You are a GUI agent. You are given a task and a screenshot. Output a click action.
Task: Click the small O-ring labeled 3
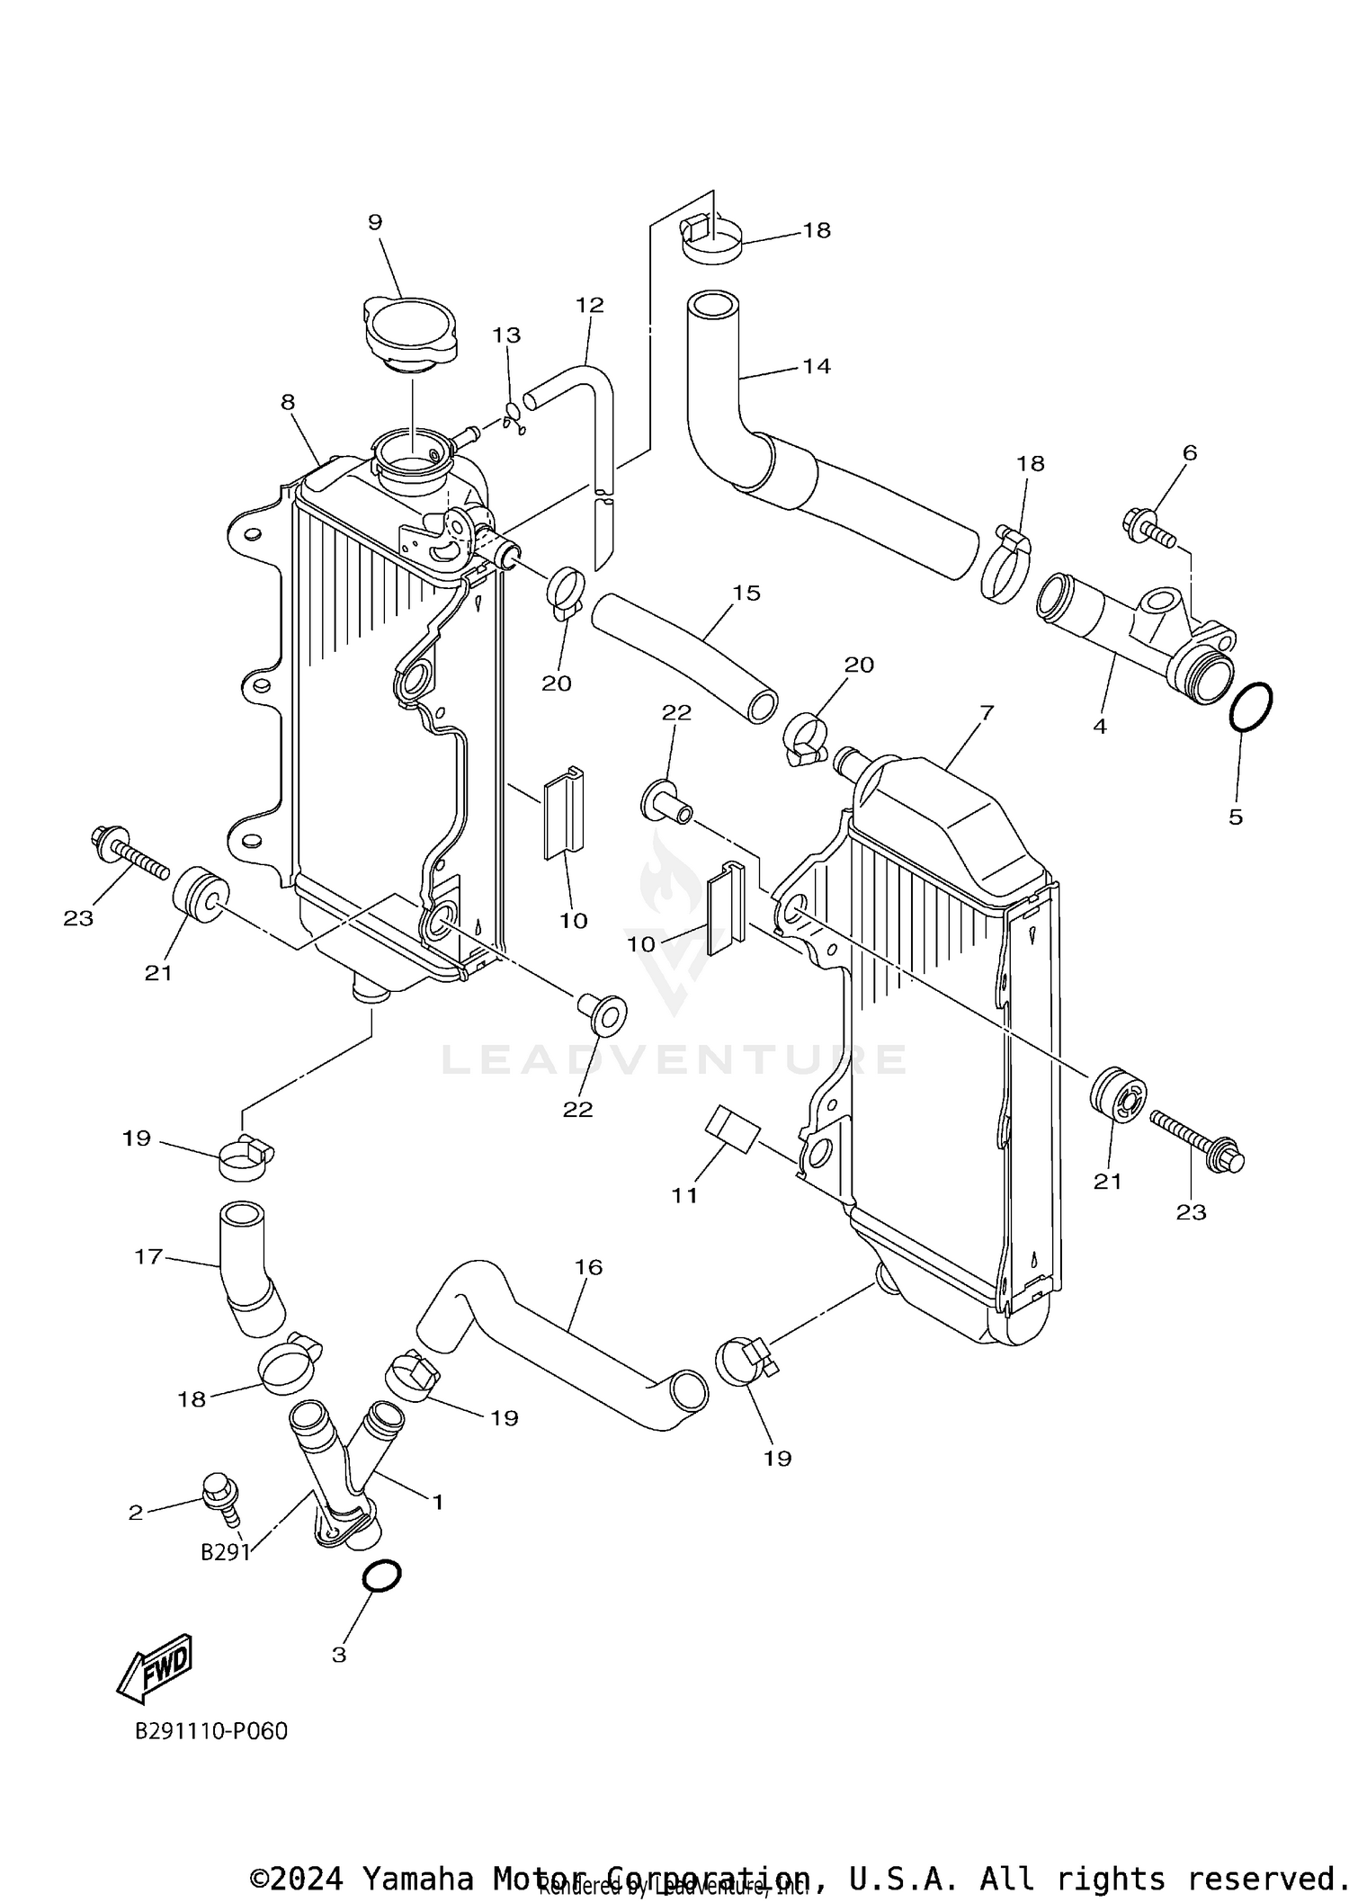point(380,1576)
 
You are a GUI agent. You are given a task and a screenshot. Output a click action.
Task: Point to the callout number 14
point(817,366)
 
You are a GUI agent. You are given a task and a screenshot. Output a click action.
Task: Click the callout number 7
point(986,713)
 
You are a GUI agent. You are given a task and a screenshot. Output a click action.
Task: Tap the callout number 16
point(588,1267)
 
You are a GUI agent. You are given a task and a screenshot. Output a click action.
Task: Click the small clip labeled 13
point(514,417)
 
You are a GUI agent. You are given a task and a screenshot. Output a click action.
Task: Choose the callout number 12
point(589,305)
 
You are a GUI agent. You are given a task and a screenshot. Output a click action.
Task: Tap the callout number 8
point(288,402)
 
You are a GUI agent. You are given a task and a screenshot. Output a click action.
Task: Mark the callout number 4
point(1100,726)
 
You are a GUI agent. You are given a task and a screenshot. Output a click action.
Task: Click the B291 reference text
point(225,1553)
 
